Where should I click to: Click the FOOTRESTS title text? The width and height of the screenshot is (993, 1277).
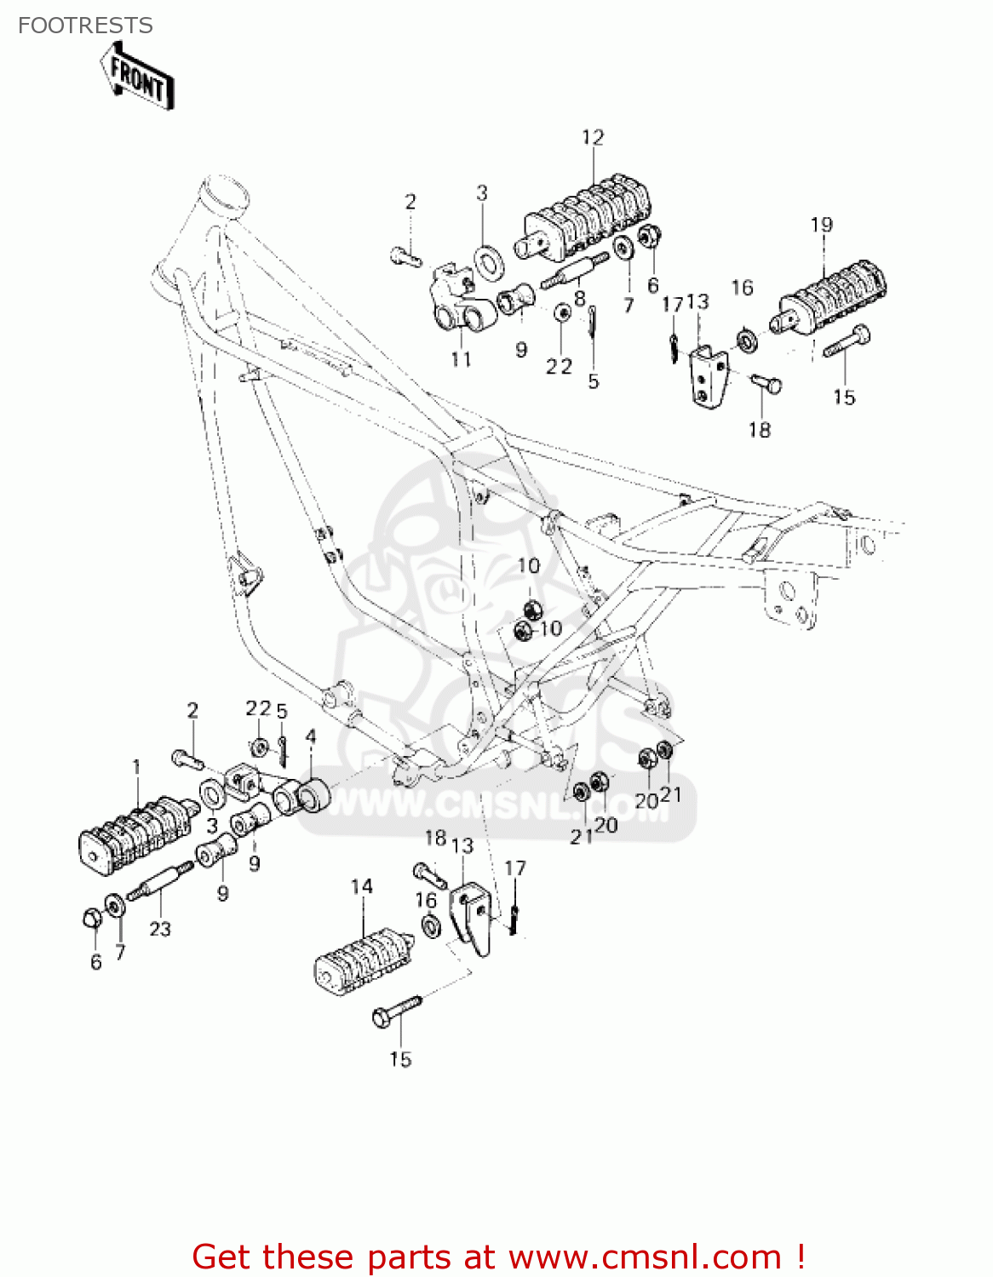pos(85,26)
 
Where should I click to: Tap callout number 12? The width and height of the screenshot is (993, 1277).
pos(593,138)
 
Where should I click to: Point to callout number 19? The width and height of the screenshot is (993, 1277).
pos(821,225)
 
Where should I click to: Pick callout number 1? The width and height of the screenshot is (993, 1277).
pos(136,768)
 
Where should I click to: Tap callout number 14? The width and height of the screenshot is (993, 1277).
pos(362,887)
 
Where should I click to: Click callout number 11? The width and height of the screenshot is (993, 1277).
pos(461,360)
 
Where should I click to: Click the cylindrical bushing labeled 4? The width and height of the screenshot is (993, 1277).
pos(311,799)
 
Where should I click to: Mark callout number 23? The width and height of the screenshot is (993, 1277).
pos(160,930)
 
